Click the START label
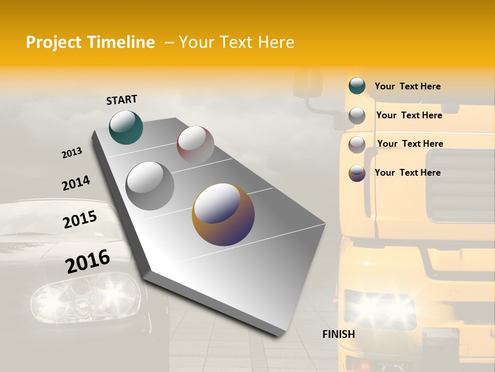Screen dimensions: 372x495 (122, 100)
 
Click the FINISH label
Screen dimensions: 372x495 (339, 334)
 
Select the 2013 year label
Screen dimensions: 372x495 (72, 153)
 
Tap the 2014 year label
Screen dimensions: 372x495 (76, 183)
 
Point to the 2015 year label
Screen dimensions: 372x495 (80, 220)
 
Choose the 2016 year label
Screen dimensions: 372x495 (88, 261)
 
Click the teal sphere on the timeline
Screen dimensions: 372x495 (126, 127)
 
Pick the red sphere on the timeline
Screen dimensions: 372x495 (195, 145)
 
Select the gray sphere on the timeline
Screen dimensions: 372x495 (150, 186)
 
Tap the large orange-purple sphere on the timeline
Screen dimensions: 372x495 (223, 214)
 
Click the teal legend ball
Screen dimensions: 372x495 (357, 86)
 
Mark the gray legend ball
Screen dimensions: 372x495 (357, 116)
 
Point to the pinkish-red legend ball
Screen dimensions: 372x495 (357, 145)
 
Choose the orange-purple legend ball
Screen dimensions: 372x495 (357, 173)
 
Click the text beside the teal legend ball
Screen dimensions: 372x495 (407, 87)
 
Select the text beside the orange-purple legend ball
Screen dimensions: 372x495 (407, 173)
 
